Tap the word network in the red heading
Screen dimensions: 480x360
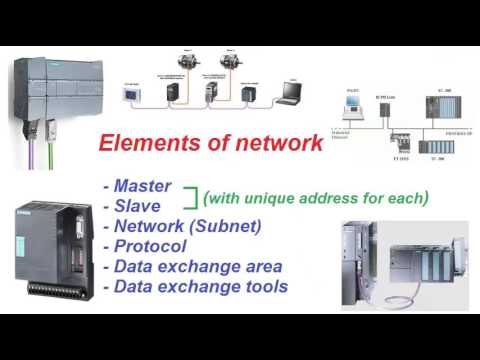click(x=276, y=143)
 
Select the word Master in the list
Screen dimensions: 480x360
click(x=143, y=186)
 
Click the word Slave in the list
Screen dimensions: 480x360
click(x=137, y=206)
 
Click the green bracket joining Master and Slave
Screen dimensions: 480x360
click(x=188, y=196)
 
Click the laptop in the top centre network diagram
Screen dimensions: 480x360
click(x=290, y=93)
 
